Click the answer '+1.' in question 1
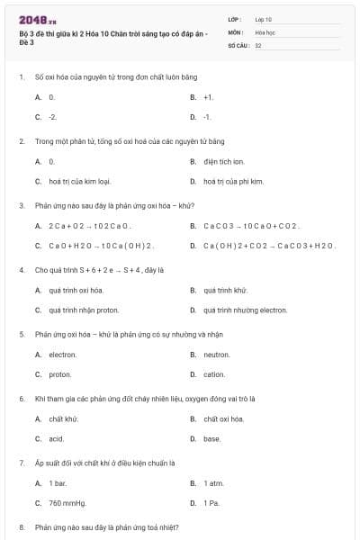(x=208, y=96)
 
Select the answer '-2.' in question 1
(x=53, y=117)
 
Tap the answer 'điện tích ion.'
(x=223, y=161)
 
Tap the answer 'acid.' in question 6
(x=57, y=439)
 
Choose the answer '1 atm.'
(x=212, y=483)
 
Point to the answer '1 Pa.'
(x=211, y=503)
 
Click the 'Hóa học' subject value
(x=265, y=31)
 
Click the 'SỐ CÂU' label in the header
(x=237, y=44)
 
